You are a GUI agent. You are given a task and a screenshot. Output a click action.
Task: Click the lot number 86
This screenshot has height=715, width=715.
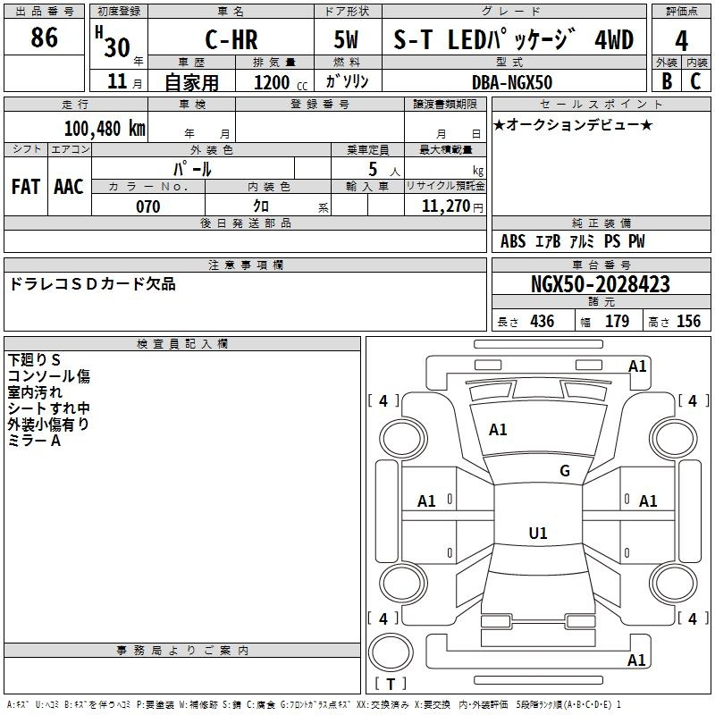[44, 38]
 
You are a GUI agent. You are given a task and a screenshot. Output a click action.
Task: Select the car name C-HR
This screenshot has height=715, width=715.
[231, 39]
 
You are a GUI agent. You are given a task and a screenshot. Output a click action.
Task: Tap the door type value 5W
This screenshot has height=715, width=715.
[346, 39]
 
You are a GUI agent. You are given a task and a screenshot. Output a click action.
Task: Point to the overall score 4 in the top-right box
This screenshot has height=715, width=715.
[681, 41]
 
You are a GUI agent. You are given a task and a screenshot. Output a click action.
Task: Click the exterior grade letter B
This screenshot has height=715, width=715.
[667, 81]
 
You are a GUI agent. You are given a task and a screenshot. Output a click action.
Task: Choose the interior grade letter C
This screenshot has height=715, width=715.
[695, 81]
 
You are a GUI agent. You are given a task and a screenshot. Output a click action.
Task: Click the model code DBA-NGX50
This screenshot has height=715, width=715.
[512, 82]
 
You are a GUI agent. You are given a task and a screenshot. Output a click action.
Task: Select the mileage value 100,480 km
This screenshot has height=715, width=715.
[105, 129]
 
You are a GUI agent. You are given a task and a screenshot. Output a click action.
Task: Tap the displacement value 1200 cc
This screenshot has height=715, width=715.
[281, 83]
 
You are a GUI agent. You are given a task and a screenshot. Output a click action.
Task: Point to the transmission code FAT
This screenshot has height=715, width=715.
[26, 187]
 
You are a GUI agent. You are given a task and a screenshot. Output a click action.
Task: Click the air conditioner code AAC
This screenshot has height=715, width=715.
[69, 187]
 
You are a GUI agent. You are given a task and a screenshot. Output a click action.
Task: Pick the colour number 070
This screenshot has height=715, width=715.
[148, 206]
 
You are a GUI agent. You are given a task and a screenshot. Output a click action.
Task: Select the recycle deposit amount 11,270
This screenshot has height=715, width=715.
[446, 206]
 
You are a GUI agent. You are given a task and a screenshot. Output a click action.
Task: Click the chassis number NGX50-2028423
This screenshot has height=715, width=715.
[601, 284]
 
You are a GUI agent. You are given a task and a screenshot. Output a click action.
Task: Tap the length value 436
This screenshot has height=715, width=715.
[543, 321]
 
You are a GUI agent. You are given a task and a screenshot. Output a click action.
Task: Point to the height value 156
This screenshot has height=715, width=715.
[688, 321]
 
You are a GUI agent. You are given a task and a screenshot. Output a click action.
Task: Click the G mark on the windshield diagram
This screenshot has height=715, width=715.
[565, 471]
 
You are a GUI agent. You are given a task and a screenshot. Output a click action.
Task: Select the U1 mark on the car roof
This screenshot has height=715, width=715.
[538, 533]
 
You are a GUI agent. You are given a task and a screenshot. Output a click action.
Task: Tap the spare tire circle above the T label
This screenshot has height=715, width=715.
[391, 652]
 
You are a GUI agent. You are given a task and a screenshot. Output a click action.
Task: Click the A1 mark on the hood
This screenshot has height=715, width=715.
[498, 430]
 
